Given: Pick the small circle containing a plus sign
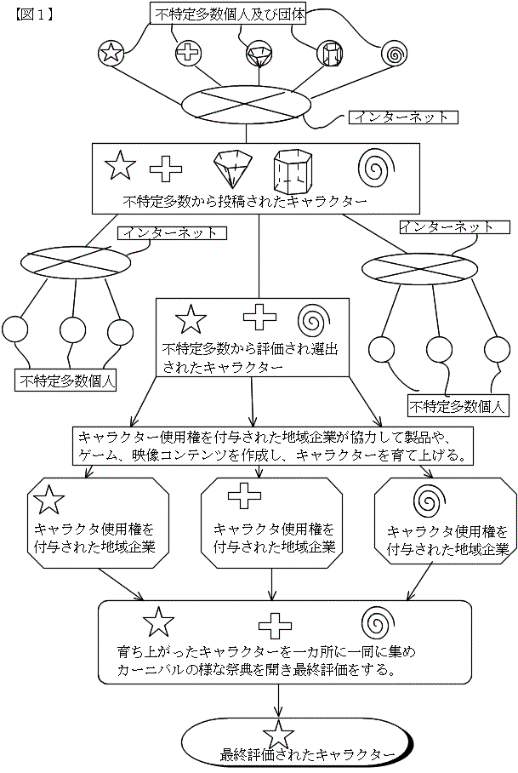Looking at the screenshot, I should pos(187,53).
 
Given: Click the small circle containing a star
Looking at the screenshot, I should pos(111,53).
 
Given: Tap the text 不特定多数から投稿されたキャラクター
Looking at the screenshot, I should pos(245,203).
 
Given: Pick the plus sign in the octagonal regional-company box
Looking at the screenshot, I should pos(242,497).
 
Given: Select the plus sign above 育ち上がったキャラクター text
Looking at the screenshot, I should pos(274,626).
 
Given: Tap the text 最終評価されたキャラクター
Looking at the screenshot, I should pos(307,754).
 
